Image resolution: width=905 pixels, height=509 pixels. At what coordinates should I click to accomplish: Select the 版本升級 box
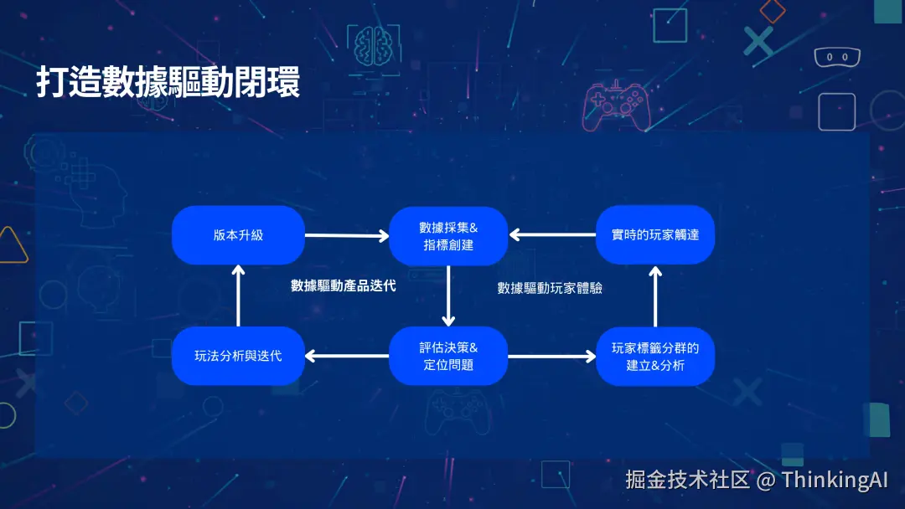(x=238, y=235)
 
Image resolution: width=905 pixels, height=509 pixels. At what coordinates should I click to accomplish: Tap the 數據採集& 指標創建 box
(x=448, y=235)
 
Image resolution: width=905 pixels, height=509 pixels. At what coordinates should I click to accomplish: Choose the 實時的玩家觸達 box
(x=654, y=235)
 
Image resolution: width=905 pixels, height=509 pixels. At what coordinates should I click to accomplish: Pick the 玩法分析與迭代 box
(x=238, y=356)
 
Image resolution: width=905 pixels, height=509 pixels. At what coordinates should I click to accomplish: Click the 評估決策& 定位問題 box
(x=448, y=356)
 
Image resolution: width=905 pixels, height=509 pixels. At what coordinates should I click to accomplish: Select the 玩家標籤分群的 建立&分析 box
(x=654, y=356)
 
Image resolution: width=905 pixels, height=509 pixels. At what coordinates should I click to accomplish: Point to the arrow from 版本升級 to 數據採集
(x=346, y=236)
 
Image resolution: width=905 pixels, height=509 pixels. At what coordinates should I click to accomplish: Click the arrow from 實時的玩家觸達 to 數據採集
(x=552, y=235)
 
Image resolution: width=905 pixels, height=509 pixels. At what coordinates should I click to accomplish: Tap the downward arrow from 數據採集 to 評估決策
(x=448, y=296)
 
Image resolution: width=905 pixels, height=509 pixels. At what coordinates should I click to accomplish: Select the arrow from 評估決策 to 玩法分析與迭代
(x=346, y=357)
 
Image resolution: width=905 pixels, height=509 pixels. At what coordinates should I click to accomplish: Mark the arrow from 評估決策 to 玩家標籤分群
(x=552, y=357)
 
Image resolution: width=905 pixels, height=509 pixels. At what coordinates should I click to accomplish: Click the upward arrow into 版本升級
(x=238, y=296)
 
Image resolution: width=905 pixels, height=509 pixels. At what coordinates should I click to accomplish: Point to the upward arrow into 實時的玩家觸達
(x=655, y=296)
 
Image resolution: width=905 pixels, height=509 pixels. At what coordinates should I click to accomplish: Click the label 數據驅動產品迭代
(x=343, y=285)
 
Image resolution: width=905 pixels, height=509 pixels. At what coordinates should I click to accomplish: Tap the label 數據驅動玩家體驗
(x=550, y=288)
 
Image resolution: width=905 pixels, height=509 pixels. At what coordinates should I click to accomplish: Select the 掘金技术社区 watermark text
(x=687, y=480)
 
